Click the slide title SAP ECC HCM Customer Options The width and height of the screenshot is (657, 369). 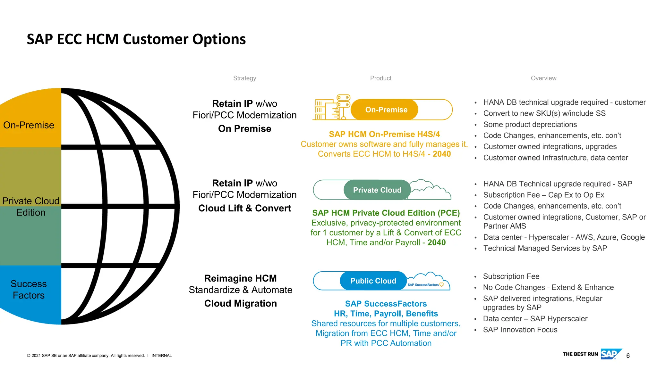tap(136, 39)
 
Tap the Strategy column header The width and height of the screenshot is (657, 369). tap(244, 78)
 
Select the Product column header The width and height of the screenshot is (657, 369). tap(380, 78)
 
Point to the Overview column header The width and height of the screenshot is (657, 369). tap(543, 78)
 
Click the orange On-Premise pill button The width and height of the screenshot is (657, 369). tap(386, 110)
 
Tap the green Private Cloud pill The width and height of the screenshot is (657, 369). tap(377, 190)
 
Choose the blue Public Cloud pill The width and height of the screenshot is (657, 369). tap(373, 281)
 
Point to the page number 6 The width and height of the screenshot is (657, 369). tap(628, 356)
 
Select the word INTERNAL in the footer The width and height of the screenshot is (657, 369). tap(161, 356)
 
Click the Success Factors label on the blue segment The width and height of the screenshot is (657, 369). tap(29, 290)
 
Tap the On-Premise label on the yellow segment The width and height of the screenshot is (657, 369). tap(29, 125)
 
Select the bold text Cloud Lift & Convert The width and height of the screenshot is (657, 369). tap(244, 208)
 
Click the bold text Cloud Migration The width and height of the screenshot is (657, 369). tap(240, 303)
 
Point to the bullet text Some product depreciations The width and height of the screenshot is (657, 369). tap(530, 125)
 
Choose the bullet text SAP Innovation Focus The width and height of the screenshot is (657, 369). tap(520, 330)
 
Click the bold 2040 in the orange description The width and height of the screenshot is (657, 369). tap(442, 154)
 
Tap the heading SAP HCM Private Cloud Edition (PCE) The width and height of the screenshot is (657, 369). tap(386, 213)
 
